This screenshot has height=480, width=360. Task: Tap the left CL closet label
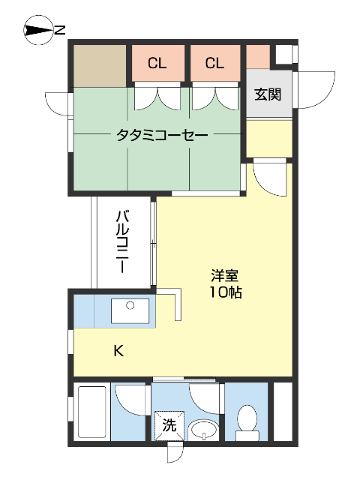pos(157,64)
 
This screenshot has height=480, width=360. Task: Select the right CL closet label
pos(214,64)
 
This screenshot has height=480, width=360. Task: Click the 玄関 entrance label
pos(267,94)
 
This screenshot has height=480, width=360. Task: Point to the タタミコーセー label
pos(161,135)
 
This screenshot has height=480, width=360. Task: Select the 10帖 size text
pos(225,292)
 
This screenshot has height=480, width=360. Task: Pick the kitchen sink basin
pos(130,310)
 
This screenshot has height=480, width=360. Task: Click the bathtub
pos(91,412)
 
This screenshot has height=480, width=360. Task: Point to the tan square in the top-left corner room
pos(100,65)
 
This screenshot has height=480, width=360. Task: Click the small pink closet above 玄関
pos(258,55)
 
